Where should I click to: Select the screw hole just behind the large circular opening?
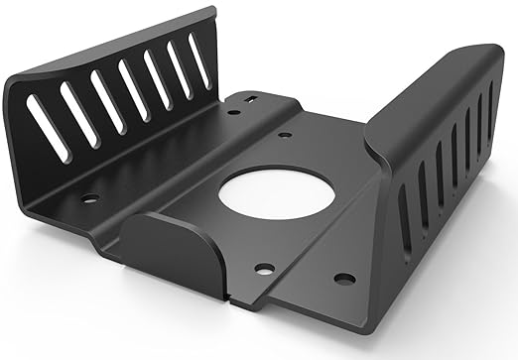[285, 133]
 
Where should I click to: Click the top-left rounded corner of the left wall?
[12, 81]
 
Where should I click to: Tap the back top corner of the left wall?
[211, 12]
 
